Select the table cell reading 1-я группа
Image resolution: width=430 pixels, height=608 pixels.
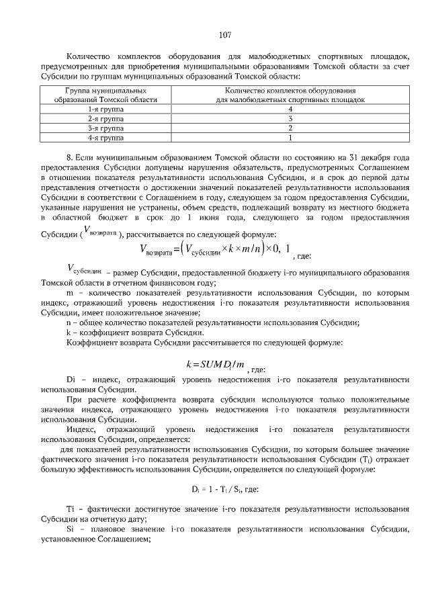click(x=110, y=108)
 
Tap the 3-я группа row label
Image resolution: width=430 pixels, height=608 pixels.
click(x=110, y=128)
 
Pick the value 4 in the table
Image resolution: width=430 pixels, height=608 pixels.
click(x=290, y=108)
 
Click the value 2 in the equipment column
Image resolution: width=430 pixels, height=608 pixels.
click(x=290, y=128)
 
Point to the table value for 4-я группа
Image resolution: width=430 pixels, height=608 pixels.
click(x=290, y=137)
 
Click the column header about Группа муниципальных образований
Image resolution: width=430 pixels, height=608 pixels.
click(x=110, y=94)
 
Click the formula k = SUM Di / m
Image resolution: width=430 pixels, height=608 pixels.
click(x=215, y=365)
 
